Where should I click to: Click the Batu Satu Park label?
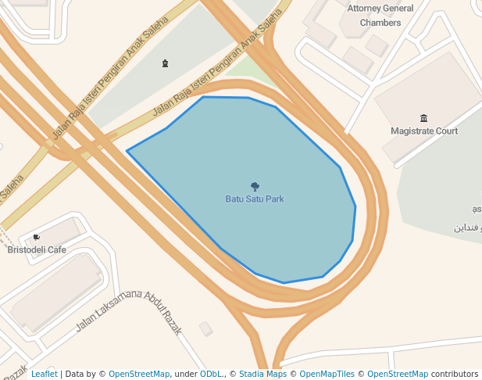point(255,199)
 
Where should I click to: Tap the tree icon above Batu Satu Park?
point(255,187)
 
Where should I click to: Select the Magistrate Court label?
point(424,131)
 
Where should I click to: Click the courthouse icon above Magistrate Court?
point(423,118)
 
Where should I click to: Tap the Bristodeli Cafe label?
point(37,250)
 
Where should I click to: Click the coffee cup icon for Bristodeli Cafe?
point(37,237)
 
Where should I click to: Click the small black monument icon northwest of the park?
point(165,63)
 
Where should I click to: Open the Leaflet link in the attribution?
point(44,374)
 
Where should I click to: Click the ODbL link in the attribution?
point(211,374)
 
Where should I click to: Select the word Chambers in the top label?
point(380,23)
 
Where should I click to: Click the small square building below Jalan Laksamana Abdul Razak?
point(205,329)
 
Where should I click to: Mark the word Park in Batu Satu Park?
point(275,199)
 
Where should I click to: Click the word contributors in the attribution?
point(454,374)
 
